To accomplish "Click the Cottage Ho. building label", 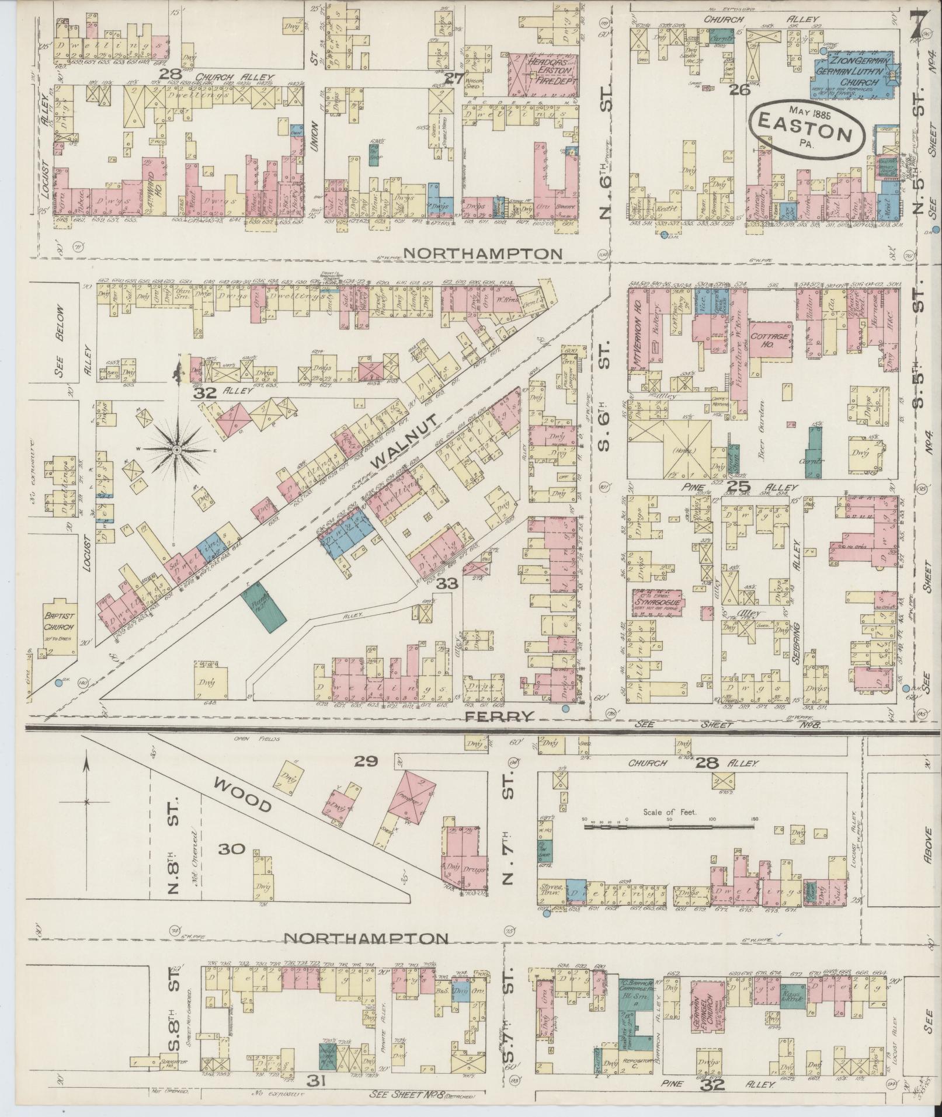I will pyautogui.click(x=770, y=341).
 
